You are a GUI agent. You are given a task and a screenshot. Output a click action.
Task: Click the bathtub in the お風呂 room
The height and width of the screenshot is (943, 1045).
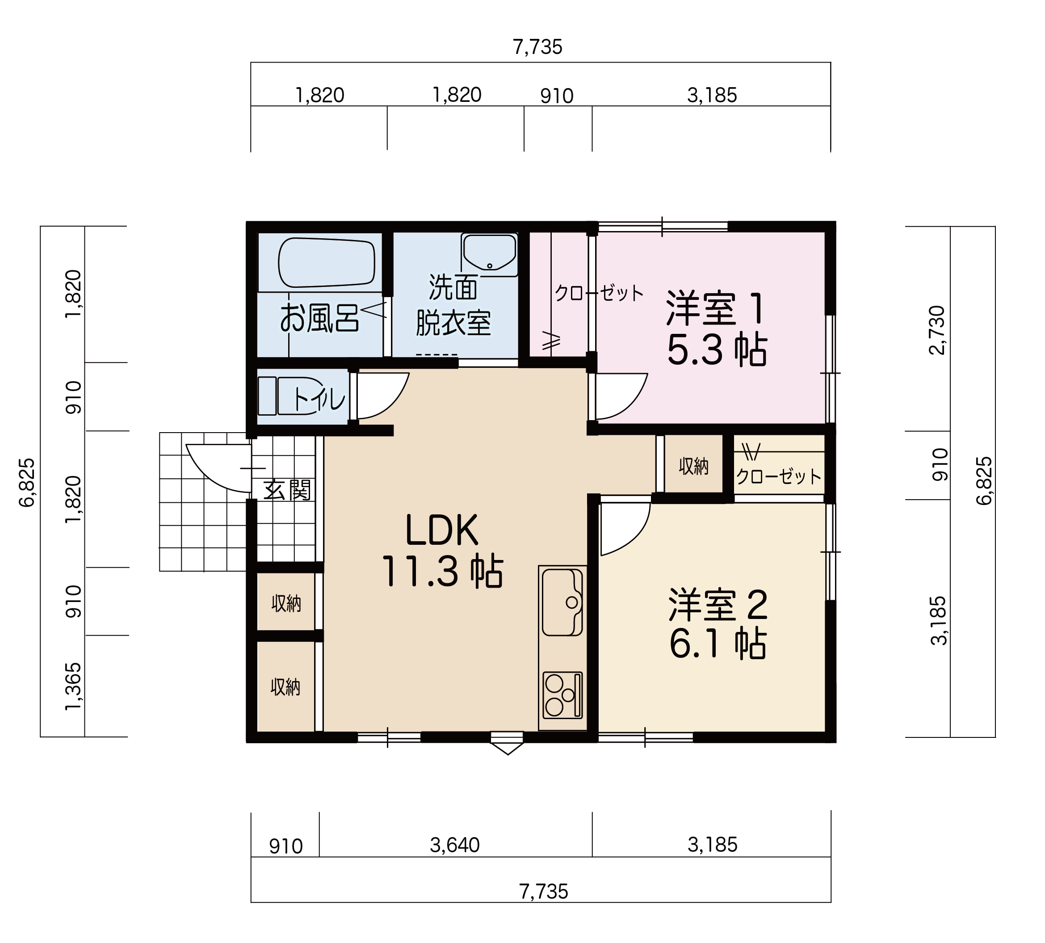click(327, 262)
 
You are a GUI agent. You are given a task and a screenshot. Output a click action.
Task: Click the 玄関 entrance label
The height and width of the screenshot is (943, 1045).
click(287, 490)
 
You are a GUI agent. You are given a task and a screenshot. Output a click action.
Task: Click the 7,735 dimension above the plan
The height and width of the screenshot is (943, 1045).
click(537, 47)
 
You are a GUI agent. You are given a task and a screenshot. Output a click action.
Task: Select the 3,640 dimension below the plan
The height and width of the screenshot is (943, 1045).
click(455, 845)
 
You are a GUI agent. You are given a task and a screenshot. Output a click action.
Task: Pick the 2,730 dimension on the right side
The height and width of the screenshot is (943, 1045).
click(937, 330)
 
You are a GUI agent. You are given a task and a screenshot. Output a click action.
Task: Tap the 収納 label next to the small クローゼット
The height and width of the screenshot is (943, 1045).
click(693, 466)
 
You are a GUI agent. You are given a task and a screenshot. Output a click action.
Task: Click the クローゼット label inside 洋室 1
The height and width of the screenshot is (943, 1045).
click(599, 293)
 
